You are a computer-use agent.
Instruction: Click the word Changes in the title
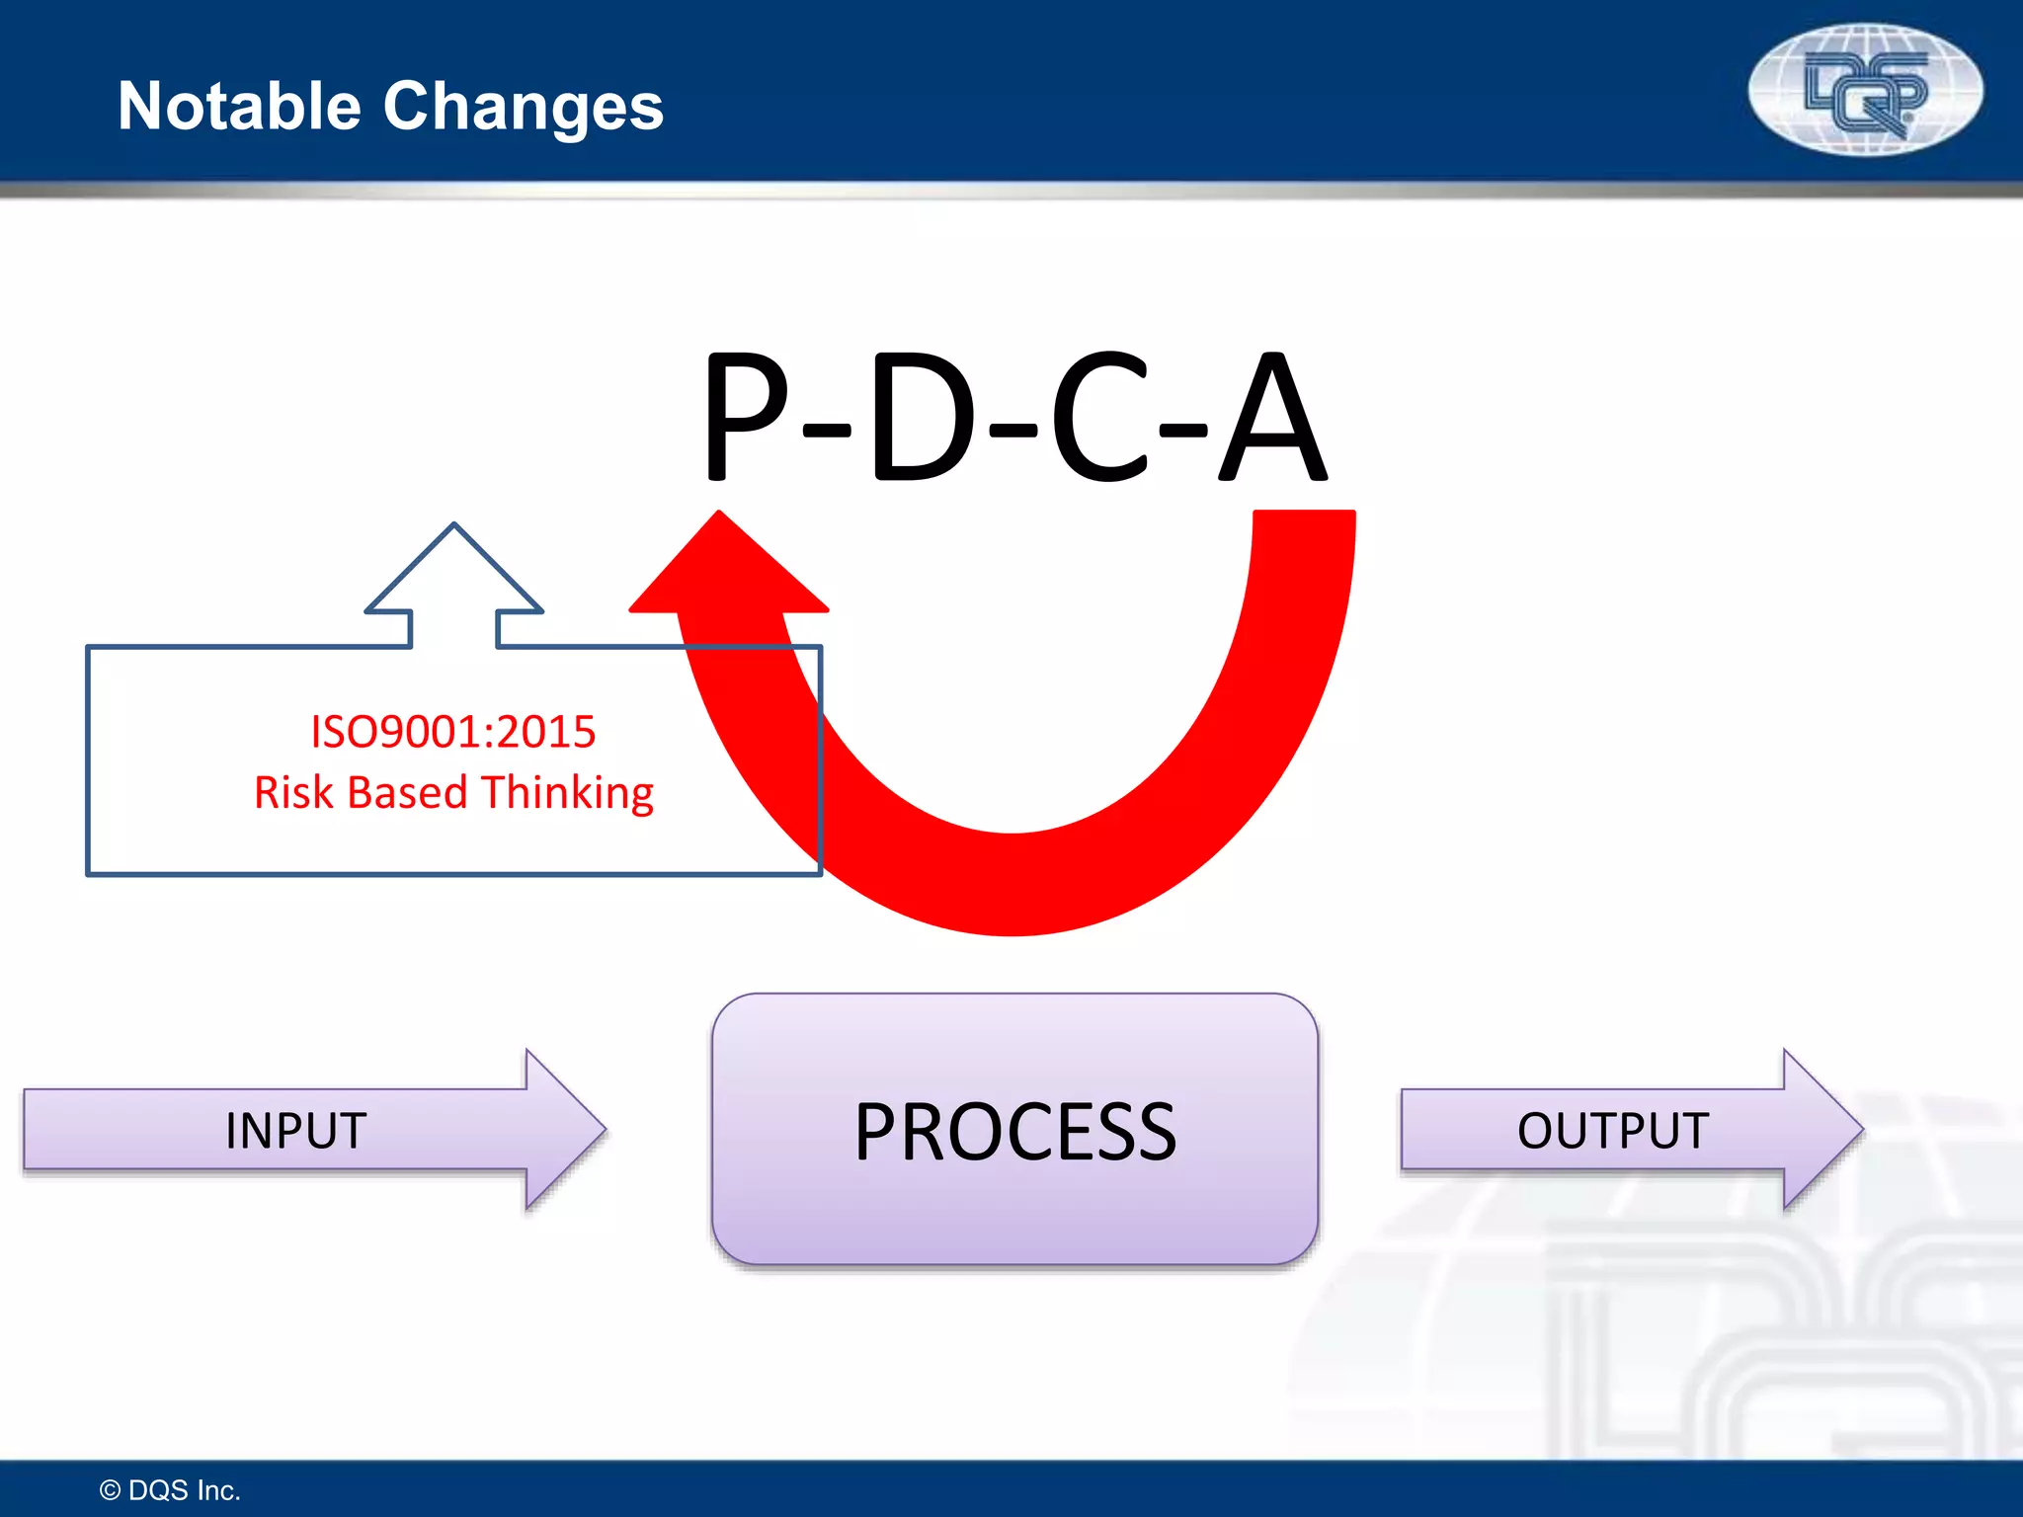[523, 106]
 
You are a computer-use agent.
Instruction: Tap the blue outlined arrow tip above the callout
[454, 563]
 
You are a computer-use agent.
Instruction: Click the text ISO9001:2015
[453, 732]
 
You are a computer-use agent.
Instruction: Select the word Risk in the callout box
[292, 792]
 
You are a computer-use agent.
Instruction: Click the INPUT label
[295, 1131]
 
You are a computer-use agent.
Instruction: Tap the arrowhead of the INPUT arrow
[563, 1130]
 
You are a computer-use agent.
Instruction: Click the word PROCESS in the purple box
[1015, 1132]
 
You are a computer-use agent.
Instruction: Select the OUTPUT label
[1612, 1131]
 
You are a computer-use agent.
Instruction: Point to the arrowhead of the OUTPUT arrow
[1821, 1130]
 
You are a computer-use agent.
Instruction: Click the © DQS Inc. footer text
[170, 1490]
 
